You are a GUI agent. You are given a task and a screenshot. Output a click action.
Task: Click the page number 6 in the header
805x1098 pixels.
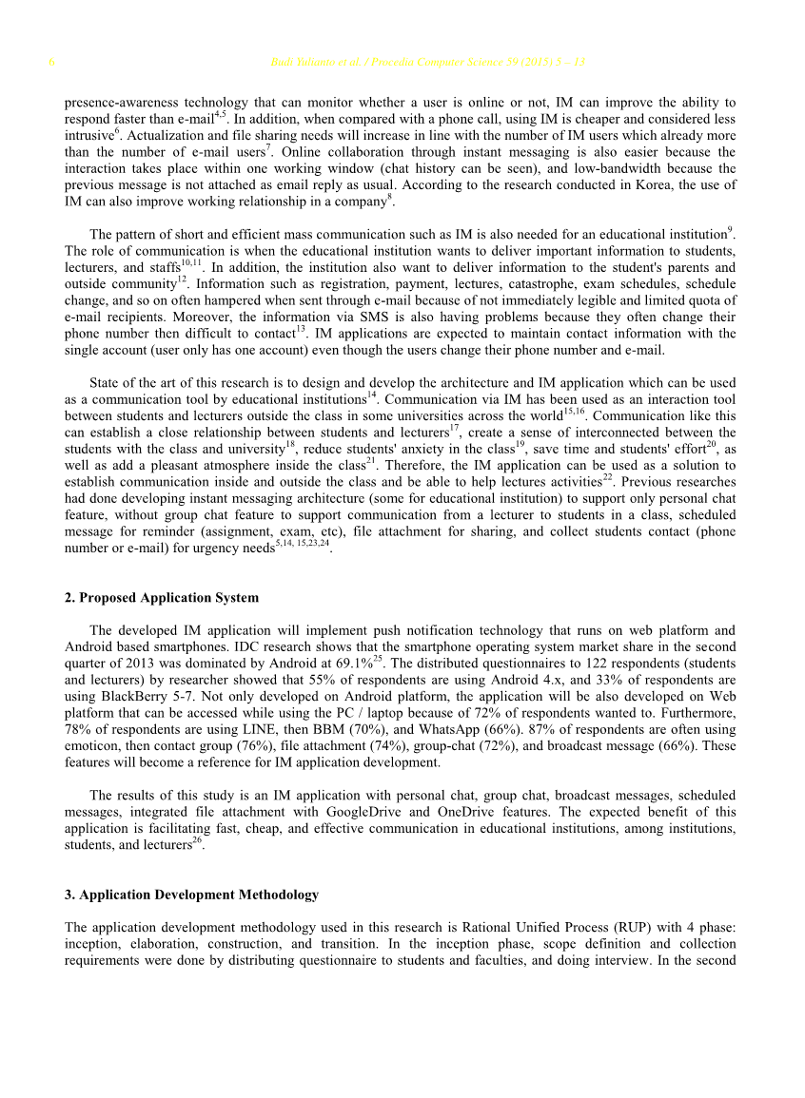click(51, 64)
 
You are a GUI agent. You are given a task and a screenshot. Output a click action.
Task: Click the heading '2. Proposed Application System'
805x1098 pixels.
click(161, 598)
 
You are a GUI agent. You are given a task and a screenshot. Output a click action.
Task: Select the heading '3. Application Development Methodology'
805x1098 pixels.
click(191, 895)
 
